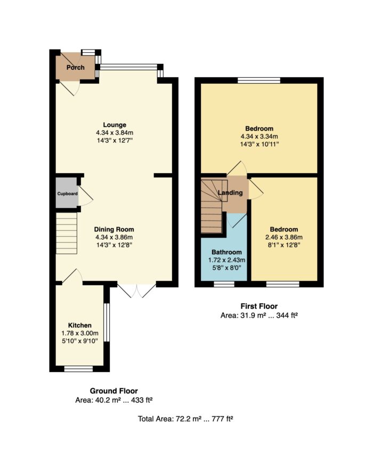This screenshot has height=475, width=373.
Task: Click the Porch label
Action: click(75, 67)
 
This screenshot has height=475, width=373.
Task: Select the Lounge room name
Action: click(115, 125)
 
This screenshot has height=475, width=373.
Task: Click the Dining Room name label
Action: click(114, 229)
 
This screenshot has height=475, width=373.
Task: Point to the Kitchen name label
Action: click(79, 325)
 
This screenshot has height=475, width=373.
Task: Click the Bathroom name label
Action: click(226, 252)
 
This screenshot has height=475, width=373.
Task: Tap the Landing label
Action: click(230, 192)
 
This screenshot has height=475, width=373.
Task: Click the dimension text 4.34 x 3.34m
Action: click(259, 136)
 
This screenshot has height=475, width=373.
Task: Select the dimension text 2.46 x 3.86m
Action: click(283, 237)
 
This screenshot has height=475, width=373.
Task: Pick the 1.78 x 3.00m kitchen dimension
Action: click(79, 333)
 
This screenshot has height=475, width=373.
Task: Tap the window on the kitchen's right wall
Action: click(106, 323)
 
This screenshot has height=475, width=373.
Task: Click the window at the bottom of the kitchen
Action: click(78, 369)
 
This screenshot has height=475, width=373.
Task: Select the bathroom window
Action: click(224, 284)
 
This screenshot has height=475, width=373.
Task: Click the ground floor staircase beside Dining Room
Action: click(67, 233)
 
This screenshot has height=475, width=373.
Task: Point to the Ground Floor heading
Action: click(114, 391)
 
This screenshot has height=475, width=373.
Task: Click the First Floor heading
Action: click(259, 306)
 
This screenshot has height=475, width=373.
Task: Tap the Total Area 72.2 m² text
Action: click(185, 418)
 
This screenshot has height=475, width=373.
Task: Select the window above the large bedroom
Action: click(259, 80)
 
